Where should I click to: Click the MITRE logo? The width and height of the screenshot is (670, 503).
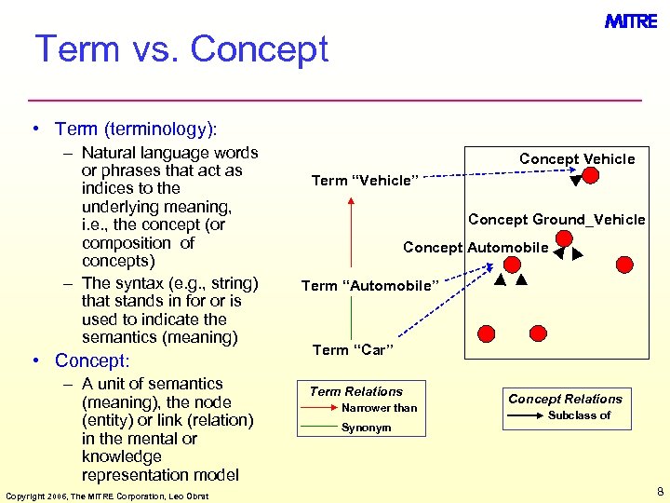coord(631,21)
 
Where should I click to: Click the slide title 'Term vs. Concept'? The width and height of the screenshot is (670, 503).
coord(181,49)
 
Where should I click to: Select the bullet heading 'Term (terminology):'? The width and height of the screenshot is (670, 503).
coord(135,129)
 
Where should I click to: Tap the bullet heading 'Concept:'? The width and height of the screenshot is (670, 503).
coord(92,360)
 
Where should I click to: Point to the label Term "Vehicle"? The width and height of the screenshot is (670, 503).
coord(366,181)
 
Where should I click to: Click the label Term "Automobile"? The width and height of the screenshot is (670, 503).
coord(368,286)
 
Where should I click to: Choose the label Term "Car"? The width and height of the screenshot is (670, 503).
coord(353,350)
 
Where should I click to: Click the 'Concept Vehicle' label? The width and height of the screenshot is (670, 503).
coord(577,159)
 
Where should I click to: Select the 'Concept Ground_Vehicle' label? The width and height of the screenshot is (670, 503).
coord(556,220)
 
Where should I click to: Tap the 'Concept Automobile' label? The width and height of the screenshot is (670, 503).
coord(476,248)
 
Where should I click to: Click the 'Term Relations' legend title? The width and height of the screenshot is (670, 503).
coord(355,392)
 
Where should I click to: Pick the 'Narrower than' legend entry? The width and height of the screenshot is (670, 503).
coord(380,408)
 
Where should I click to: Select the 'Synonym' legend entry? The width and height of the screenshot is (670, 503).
coord(367,428)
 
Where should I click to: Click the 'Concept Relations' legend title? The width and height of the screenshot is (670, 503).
coord(565,399)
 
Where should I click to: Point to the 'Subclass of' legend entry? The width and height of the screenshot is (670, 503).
coord(579,415)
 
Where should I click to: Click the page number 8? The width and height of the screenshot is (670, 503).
coord(659,491)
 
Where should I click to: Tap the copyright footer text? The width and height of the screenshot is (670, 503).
coord(107,495)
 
